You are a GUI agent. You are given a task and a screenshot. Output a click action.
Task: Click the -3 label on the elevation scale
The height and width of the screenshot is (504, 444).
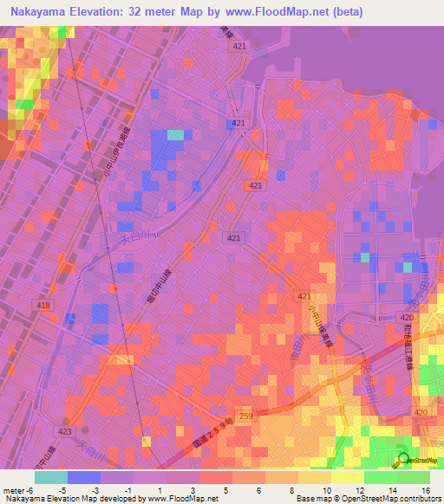[105, 490]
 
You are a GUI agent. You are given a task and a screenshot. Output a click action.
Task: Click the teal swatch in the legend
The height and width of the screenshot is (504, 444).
[51, 477]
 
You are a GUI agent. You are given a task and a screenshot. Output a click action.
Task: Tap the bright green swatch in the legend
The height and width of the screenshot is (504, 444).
[381, 477]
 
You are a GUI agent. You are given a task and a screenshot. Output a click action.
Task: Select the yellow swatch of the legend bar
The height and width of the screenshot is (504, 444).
[348, 477]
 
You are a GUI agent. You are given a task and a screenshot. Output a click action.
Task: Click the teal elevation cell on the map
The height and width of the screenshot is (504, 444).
[176, 134]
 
